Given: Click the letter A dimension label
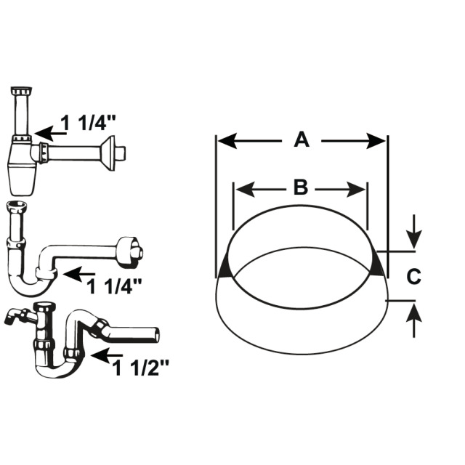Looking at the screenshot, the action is (302, 140).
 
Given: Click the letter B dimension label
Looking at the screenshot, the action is (301, 188).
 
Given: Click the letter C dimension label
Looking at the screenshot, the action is (413, 276).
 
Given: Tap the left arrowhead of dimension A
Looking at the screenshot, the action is (227, 140).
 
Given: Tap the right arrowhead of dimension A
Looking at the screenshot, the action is (376, 140).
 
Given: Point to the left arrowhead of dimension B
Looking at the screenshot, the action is (246, 189).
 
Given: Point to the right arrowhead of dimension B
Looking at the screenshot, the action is (356, 189).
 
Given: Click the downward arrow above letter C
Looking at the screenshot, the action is (414, 231).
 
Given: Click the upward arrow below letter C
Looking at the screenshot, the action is (414, 321).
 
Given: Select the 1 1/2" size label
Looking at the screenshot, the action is (140, 368).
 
